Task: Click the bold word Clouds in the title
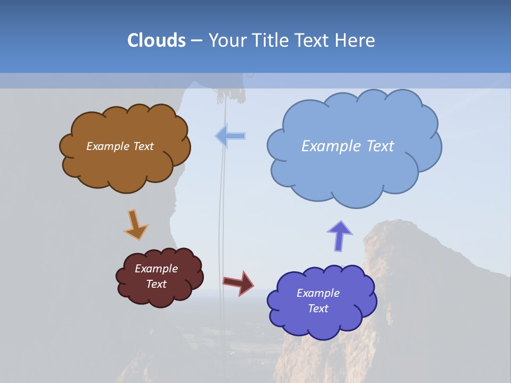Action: pyautogui.click(x=156, y=40)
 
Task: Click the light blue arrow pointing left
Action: pyautogui.click(x=230, y=136)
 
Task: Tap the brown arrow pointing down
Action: pyautogui.click(x=135, y=225)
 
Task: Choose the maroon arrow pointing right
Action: pyautogui.click(x=238, y=282)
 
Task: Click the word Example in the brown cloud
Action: pyautogui.click(x=106, y=146)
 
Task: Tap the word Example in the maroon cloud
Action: pyautogui.click(x=156, y=269)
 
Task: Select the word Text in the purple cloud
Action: pyautogui.click(x=318, y=309)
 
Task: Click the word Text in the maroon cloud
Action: pyautogui.click(x=156, y=284)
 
